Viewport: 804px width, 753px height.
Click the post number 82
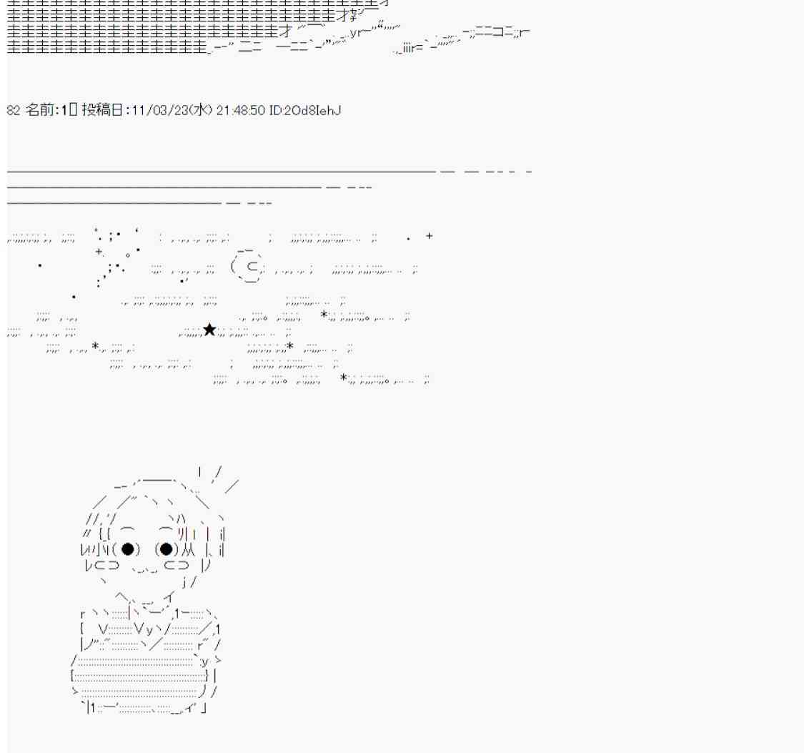point(14,110)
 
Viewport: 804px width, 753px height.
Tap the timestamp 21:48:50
point(240,110)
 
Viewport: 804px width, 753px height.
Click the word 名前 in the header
point(39,110)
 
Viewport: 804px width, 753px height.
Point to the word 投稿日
point(102,110)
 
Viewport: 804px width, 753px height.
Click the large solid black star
point(209,330)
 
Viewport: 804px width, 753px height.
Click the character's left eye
point(127,549)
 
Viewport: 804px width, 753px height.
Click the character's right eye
point(166,549)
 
